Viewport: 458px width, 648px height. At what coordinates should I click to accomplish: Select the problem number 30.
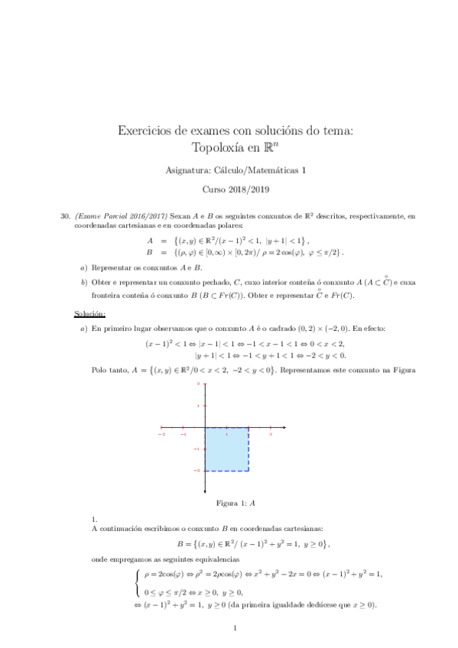65,217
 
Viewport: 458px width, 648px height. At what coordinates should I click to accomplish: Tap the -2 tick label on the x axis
161,433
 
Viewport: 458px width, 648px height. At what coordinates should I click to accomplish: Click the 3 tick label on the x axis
271,433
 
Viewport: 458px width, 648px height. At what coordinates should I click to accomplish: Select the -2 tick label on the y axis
198,471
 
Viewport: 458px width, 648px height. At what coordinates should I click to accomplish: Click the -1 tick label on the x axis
184,433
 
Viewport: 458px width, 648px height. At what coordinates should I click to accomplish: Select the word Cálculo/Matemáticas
264,170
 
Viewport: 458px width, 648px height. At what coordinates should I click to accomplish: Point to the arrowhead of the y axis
205,383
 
